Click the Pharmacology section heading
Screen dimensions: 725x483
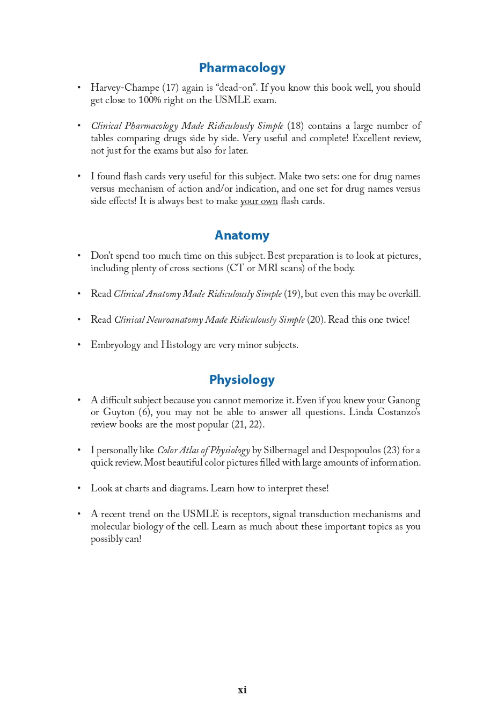click(x=242, y=68)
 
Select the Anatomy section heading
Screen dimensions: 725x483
click(x=242, y=235)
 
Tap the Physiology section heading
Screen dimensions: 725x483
click(x=242, y=380)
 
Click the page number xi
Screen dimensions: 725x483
click(x=242, y=690)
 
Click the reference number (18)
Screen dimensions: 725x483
click(x=295, y=126)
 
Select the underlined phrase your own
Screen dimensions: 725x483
click(x=259, y=201)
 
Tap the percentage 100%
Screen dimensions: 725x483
click(x=150, y=100)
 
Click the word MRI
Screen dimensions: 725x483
click(x=268, y=268)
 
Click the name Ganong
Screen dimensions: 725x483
click(x=404, y=401)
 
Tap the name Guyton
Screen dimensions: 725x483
click(x=119, y=412)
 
